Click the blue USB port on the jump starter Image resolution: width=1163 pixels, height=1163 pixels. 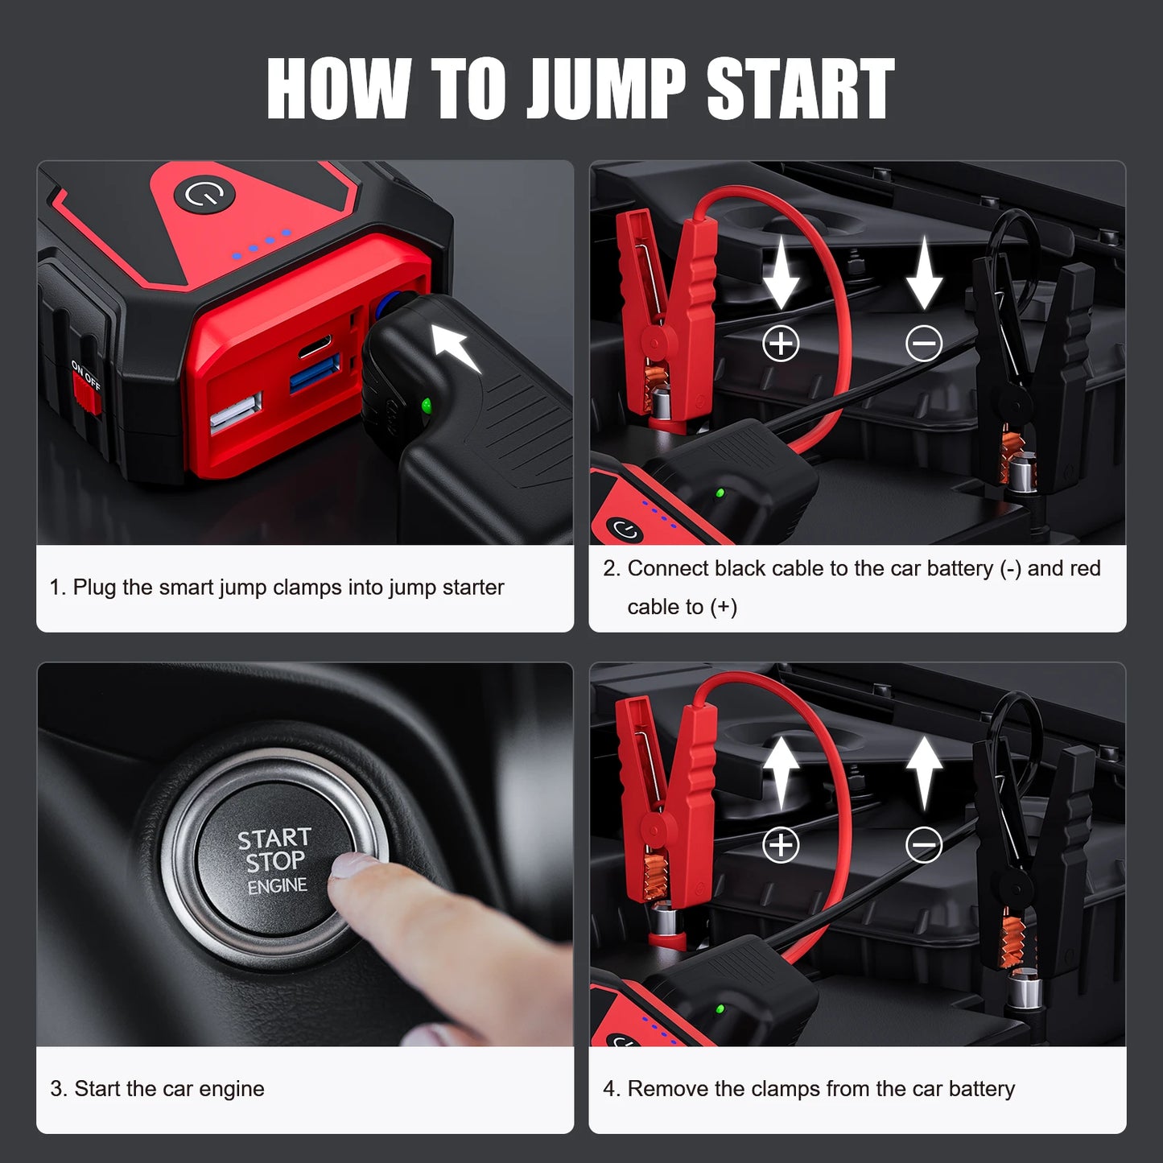(x=314, y=374)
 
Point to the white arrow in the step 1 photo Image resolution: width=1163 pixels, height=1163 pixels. (x=456, y=348)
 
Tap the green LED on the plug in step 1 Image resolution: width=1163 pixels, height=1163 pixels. (x=427, y=405)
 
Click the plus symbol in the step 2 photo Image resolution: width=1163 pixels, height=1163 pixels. (x=781, y=344)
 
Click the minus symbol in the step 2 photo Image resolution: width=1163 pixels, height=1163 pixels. (x=923, y=344)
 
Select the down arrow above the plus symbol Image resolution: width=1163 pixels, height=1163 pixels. (x=781, y=274)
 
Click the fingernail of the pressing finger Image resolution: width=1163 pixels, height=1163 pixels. (x=354, y=865)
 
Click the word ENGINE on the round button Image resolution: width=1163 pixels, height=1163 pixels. (x=277, y=886)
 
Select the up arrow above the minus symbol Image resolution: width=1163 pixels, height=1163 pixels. (x=924, y=771)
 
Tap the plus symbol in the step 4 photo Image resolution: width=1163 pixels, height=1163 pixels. (x=781, y=845)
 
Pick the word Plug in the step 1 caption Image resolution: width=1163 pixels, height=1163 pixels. (x=94, y=588)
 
